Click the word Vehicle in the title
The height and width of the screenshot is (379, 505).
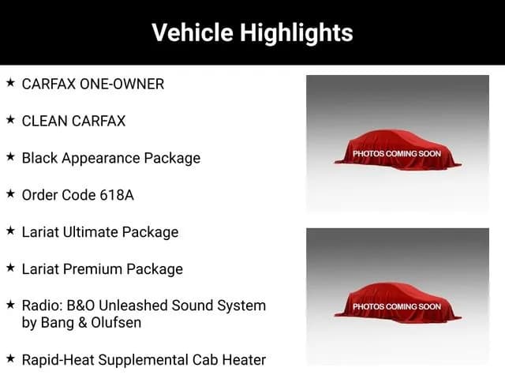tap(193, 32)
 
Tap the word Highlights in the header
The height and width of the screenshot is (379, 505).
tap(297, 33)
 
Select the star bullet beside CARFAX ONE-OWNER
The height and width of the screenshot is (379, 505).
tap(10, 83)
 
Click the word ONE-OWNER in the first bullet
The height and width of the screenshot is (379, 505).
tap(122, 84)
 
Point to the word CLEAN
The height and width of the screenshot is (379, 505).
tap(45, 121)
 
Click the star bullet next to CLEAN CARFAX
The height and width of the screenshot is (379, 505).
tap(10, 120)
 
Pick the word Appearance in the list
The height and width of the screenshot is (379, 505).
tap(100, 159)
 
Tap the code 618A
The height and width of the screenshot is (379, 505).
tap(117, 195)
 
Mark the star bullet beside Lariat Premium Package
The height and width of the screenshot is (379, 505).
tap(10, 268)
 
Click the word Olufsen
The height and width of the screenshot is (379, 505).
tap(116, 323)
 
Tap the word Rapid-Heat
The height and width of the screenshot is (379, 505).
tap(58, 360)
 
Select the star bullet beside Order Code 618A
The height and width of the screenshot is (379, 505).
tap(10, 194)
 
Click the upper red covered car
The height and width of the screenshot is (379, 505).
tap(398, 150)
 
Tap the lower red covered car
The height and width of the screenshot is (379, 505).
tap(398, 303)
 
